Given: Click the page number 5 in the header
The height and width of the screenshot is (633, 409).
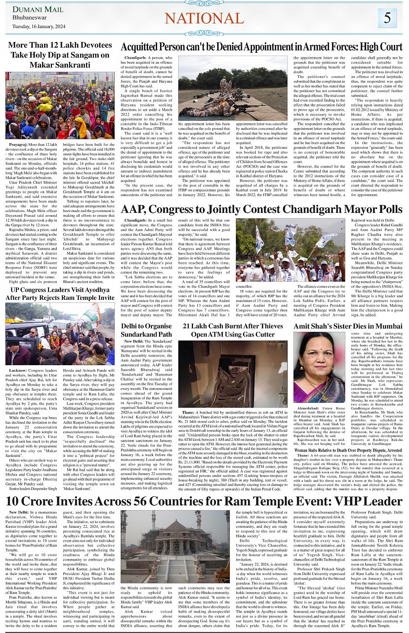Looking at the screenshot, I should click(387, 18).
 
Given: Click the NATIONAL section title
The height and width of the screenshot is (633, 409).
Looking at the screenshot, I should click(204, 18).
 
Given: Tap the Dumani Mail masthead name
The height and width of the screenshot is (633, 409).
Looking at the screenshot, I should click(38, 9).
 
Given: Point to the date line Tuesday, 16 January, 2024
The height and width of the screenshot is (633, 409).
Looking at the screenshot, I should click(39, 26).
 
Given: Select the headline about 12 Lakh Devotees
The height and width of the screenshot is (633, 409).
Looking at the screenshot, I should click(60, 55).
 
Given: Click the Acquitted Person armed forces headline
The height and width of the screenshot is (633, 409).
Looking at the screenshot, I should click(261, 47).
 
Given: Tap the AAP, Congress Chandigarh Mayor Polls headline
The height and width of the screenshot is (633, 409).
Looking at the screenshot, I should click(261, 209).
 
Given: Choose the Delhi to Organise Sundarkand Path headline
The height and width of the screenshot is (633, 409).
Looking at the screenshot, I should click(146, 330).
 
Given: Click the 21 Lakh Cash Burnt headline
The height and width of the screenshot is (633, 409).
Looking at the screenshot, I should click(233, 330).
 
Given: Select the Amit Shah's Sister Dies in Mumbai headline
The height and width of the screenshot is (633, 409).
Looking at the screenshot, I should click(348, 326).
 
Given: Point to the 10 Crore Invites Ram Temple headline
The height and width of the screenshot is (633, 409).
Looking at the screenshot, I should click(204, 501).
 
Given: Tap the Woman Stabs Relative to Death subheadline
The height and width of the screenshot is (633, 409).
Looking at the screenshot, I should click(348, 450).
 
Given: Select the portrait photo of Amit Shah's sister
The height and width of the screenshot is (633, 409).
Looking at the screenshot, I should click(319, 367).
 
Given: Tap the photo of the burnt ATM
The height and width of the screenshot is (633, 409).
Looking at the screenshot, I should click(233, 374).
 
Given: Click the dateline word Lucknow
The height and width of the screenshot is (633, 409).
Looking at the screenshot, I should click(18, 371).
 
